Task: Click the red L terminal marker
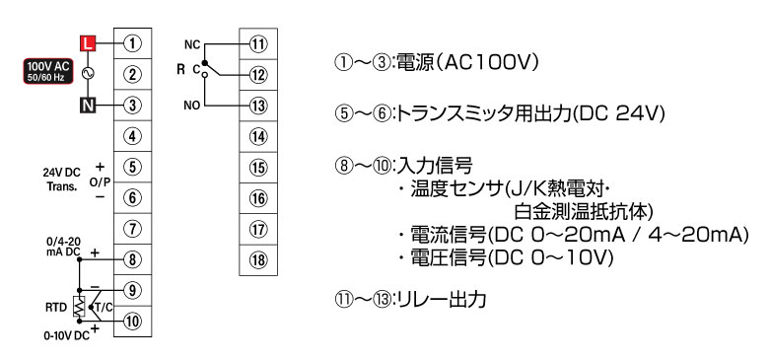pos(89,43)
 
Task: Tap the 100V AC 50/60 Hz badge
pos(50,71)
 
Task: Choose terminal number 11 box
pos(258,43)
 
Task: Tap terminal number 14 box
pos(258,136)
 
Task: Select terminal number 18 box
pos(258,259)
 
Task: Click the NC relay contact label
pos(192,44)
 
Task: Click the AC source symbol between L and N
pos(89,74)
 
